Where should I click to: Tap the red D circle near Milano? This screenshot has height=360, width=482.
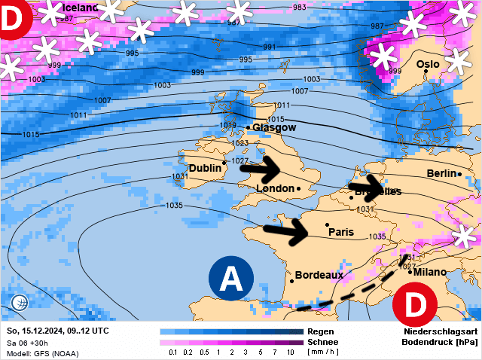pos(416,305)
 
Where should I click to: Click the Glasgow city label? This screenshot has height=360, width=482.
pos(273,128)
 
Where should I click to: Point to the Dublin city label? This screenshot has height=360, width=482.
pos(205,168)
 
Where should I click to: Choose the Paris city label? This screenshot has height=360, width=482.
pos(341,233)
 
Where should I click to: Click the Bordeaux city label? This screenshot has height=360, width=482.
pos(319,275)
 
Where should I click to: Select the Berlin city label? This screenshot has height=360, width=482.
pos(442,173)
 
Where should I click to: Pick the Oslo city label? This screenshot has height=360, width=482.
pos(428,65)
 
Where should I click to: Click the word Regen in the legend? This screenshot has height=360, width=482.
pos(319,331)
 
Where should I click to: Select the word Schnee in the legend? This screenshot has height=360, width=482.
pos(322,342)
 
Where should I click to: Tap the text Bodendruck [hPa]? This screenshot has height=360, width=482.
pos(440,342)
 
